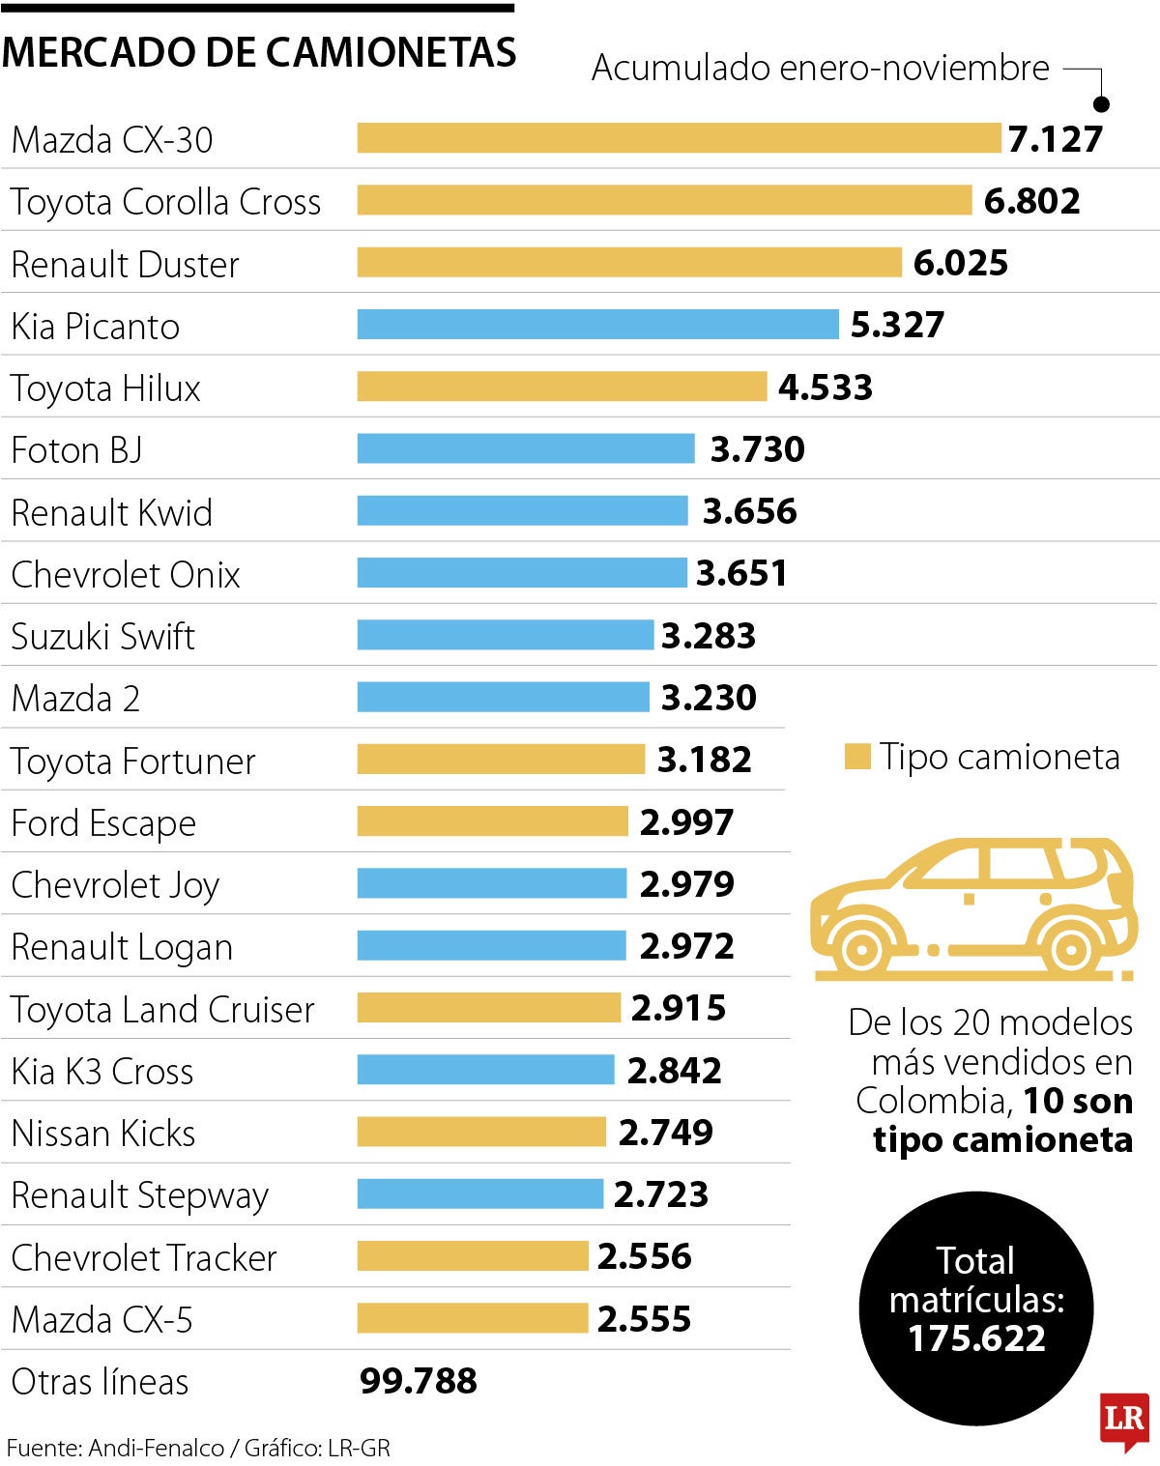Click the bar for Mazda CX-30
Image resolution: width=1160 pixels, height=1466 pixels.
679,138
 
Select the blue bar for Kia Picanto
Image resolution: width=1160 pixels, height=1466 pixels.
597,325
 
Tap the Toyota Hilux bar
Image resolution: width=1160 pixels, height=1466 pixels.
562,387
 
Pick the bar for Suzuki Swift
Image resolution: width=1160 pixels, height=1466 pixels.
505,635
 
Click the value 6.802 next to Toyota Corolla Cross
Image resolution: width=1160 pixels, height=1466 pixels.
1031,201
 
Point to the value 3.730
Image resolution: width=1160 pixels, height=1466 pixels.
757,449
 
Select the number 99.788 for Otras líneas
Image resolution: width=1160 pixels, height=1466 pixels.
418,1381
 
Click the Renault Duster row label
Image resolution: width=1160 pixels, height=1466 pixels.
125,264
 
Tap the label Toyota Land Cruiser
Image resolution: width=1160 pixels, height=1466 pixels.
162,1009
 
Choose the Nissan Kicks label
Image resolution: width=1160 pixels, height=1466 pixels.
103,1133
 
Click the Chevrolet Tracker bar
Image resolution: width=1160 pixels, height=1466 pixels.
472,1256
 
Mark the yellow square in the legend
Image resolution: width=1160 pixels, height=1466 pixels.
856,757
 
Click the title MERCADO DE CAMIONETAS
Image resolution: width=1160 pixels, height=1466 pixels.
259,52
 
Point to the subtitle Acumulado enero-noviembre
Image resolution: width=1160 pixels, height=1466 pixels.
820,68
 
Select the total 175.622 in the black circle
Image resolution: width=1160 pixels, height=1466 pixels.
976,1338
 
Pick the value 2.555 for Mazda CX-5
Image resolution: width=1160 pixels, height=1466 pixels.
644,1318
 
